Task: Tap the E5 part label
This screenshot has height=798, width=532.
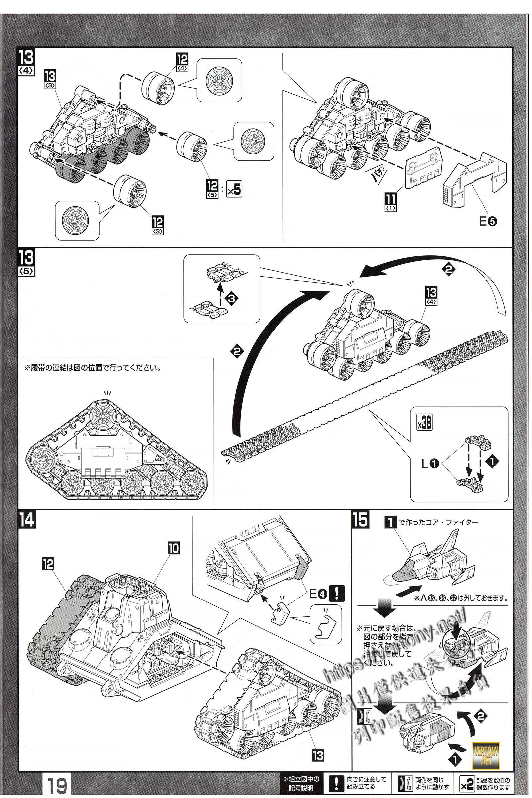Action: [488, 221]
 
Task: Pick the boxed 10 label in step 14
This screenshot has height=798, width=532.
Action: [173, 549]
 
